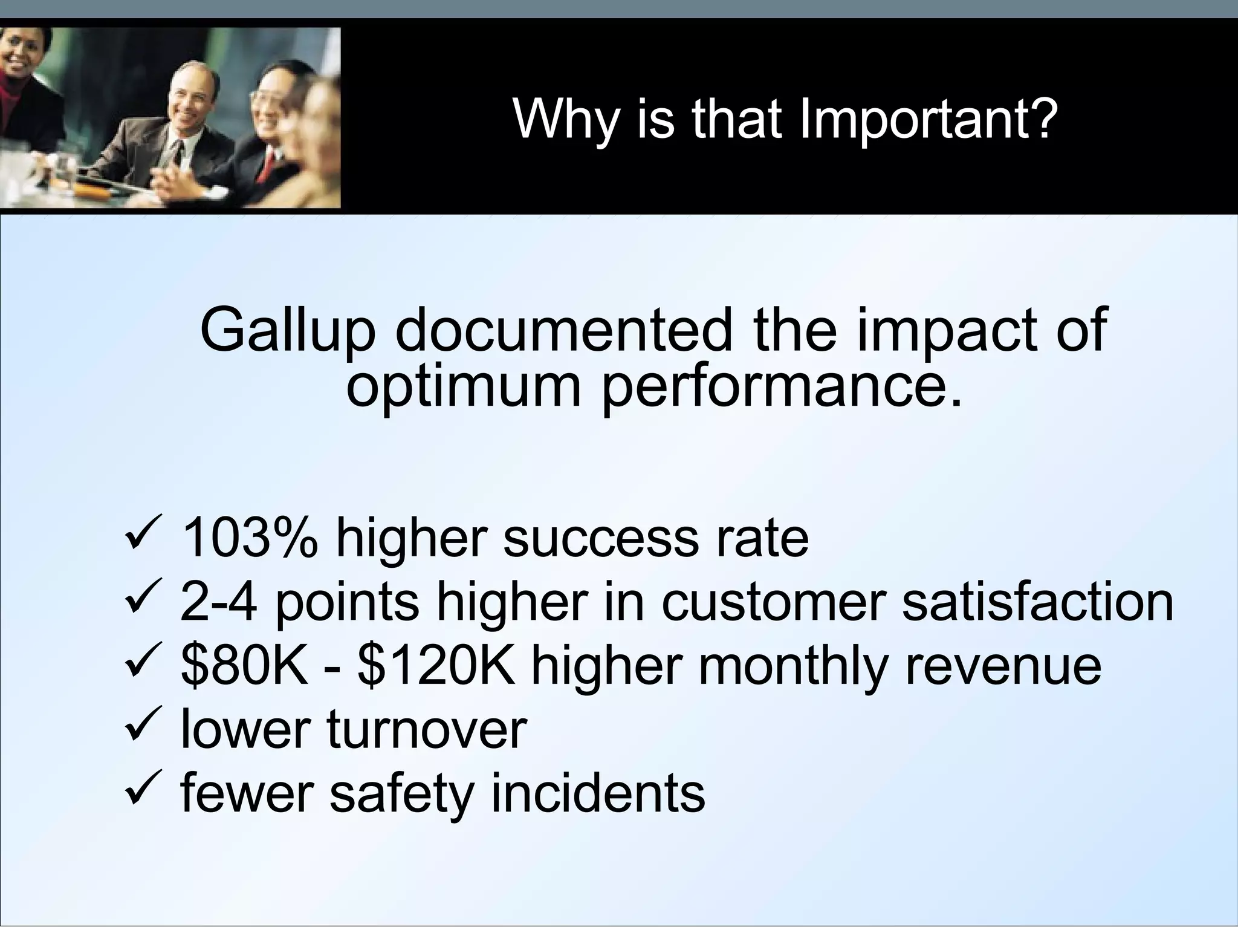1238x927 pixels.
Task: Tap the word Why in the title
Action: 566,119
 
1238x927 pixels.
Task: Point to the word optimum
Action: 464,386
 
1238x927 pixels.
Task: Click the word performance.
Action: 783,386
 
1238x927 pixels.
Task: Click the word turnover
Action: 427,730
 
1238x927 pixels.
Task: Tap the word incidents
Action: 597,793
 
